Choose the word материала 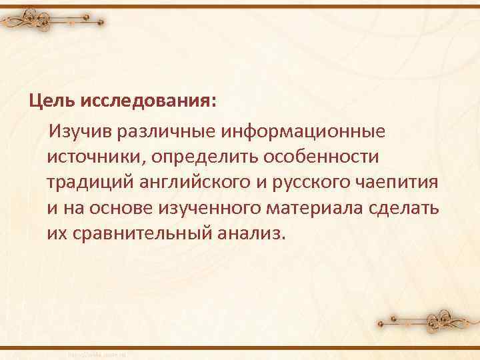[320, 207]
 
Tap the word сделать [406, 207]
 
